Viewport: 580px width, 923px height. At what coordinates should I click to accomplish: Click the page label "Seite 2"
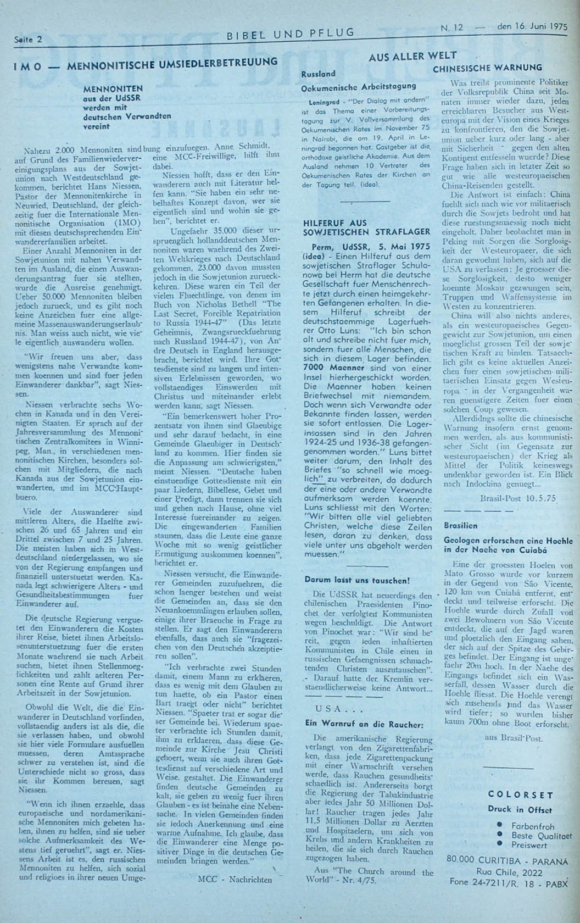coord(28,39)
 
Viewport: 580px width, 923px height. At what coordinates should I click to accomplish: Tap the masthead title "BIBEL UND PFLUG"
coord(291,35)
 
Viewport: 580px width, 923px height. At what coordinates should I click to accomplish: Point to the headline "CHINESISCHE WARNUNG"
coord(487,69)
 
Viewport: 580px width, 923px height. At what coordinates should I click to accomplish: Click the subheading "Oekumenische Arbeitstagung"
coord(359,86)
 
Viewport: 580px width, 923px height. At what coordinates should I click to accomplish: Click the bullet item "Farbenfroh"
coord(532,826)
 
